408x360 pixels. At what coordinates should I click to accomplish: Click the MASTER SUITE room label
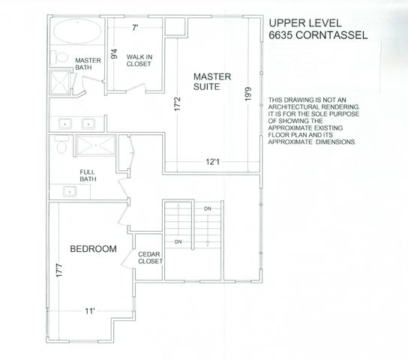coord(212,82)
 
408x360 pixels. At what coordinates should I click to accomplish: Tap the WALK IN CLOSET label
coord(139,60)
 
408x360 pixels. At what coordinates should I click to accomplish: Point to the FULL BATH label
coord(88,175)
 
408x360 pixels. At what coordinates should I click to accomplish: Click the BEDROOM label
coord(93,248)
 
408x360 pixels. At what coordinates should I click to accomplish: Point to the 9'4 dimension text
coord(114,54)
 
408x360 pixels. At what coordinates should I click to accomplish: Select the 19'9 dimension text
coord(247,94)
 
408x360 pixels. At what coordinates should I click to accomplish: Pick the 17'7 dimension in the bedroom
coord(58,270)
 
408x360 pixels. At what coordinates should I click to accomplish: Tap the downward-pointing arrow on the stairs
coord(205,232)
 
